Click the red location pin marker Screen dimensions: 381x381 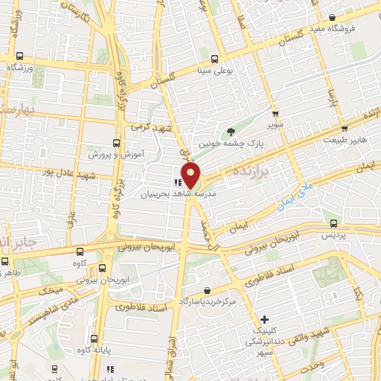tap(191, 177)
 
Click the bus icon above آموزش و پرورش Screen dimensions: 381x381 tap(115, 142)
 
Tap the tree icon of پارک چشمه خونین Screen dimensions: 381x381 tap(230, 130)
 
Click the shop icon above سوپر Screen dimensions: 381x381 tap(276, 114)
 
